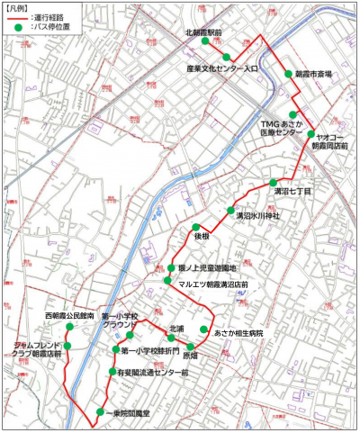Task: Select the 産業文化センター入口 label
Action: (x=222, y=68)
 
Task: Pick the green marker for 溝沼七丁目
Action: (x=274, y=182)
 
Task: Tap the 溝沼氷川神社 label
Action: (x=257, y=216)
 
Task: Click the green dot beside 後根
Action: (x=195, y=227)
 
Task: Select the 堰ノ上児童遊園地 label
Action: (x=207, y=268)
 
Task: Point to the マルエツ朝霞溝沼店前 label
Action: (x=213, y=284)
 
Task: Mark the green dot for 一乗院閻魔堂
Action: (x=99, y=412)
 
